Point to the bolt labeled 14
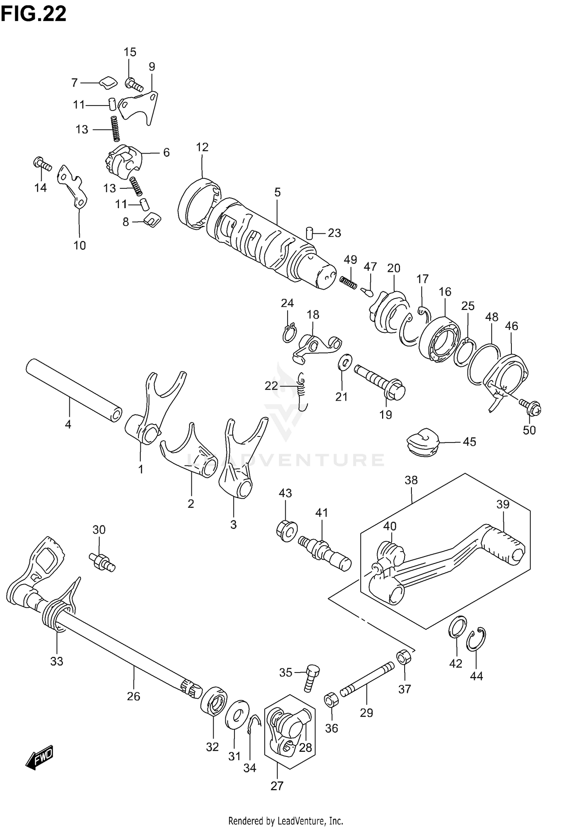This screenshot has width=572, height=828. coord(42,164)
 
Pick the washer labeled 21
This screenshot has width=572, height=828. coord(345,361)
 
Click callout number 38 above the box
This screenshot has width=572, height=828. coord(411,480)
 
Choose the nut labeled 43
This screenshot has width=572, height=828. coord(286,530)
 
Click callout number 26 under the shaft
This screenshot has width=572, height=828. coord(133,696)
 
